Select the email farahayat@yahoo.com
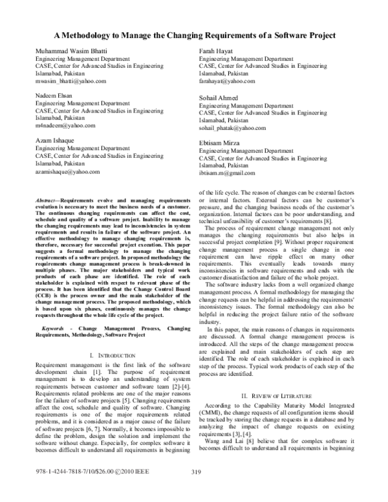227,82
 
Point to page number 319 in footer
198,491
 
